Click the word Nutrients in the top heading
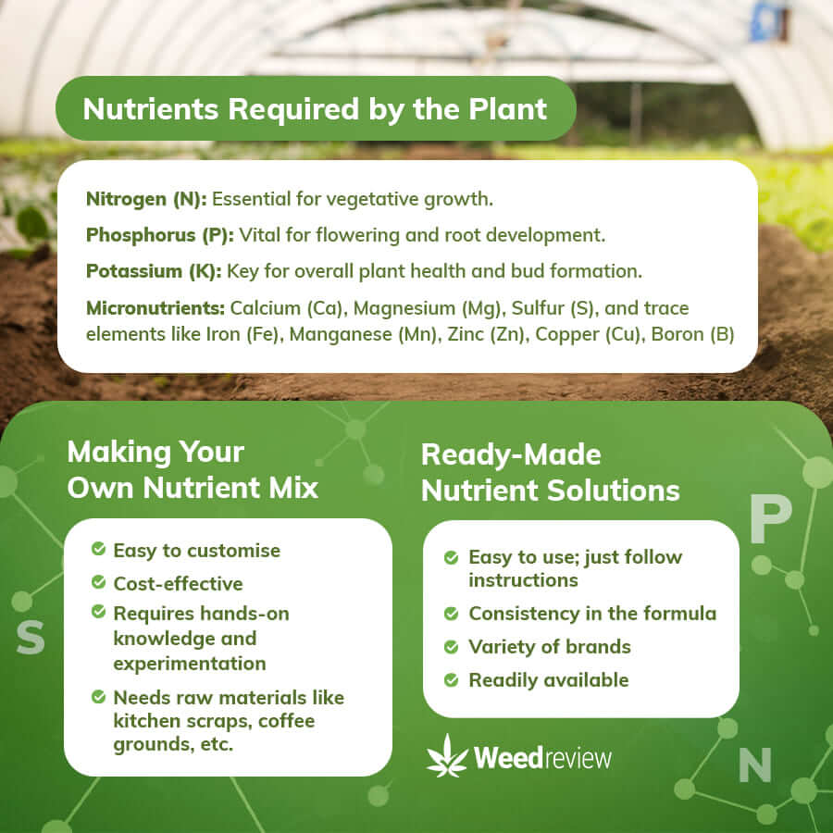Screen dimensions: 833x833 [150, 109]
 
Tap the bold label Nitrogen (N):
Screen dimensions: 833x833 [146, 199]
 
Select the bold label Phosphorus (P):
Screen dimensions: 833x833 [160, 235]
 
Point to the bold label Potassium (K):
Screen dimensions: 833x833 [154, 271]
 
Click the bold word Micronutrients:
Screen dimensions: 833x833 [155, 308]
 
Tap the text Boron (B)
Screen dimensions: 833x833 [692, 335]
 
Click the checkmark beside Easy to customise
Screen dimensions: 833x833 [98, 548]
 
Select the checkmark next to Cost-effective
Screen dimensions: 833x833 [98, 582]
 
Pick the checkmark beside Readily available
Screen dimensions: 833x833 [451, 680]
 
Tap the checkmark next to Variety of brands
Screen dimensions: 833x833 [451, 647]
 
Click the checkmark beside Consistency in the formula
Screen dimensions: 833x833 [451, 614]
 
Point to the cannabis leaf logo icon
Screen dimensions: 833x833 [447, 756]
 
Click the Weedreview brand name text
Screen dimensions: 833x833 [542, 757]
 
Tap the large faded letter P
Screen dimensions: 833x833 [770, 518]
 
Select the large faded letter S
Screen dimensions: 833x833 [31, 637]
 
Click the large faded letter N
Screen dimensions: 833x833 [755, 765]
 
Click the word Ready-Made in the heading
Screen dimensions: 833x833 [511, 455]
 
